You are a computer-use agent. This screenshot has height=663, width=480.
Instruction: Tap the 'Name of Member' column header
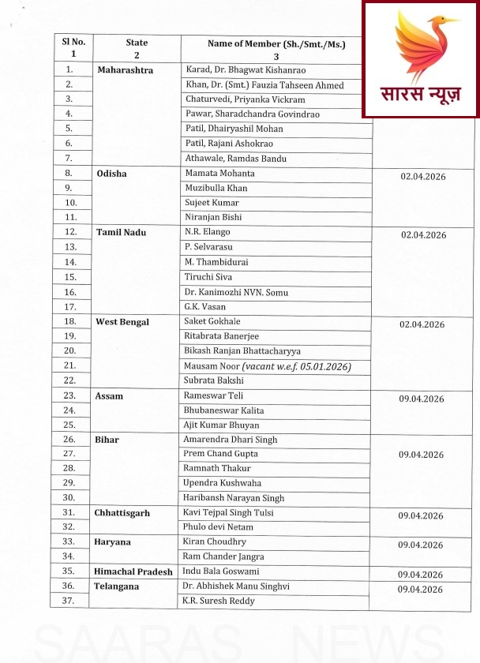click(276, 49)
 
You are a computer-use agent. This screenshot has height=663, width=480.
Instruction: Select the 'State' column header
click(137, 48)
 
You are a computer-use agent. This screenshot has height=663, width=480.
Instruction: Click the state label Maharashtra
click(125, 70)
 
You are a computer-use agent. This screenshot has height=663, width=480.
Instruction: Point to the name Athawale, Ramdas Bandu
click(225, 159)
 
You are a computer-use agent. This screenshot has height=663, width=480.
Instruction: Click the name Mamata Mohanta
click(219, 173)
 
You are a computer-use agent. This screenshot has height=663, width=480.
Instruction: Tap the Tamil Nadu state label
click(122, 233)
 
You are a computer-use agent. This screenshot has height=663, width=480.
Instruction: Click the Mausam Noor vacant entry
click(267, 366)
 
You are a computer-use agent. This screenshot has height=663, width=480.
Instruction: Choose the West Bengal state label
click(122, 322)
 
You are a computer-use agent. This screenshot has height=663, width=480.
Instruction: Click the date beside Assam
click(422, 399)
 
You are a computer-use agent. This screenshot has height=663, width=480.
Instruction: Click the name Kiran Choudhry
click(215, 541)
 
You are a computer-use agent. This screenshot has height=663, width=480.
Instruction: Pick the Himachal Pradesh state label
click(133, 571)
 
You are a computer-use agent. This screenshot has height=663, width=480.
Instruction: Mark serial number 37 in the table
click(69, 601)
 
